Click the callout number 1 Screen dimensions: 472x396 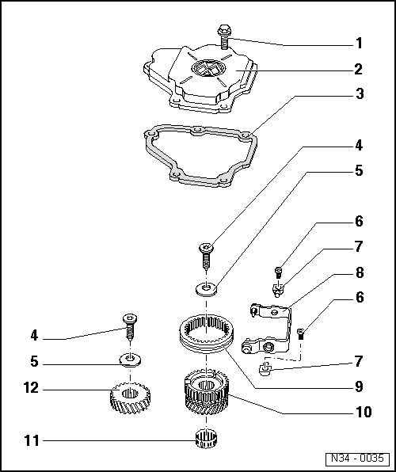(x=358, y=43)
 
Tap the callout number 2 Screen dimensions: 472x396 (x=358, y=69)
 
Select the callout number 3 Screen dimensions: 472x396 (x=358, y=94)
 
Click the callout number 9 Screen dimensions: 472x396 (x=358, y=387)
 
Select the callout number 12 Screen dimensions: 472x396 (x=32, y=390)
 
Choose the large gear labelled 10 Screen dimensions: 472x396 (x=208, y=394)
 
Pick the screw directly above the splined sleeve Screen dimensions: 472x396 (x=206, y=256)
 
